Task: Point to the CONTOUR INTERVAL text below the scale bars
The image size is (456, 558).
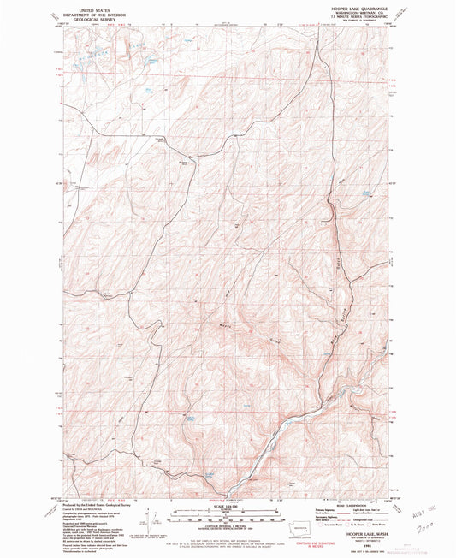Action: click(x=228, y=525)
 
